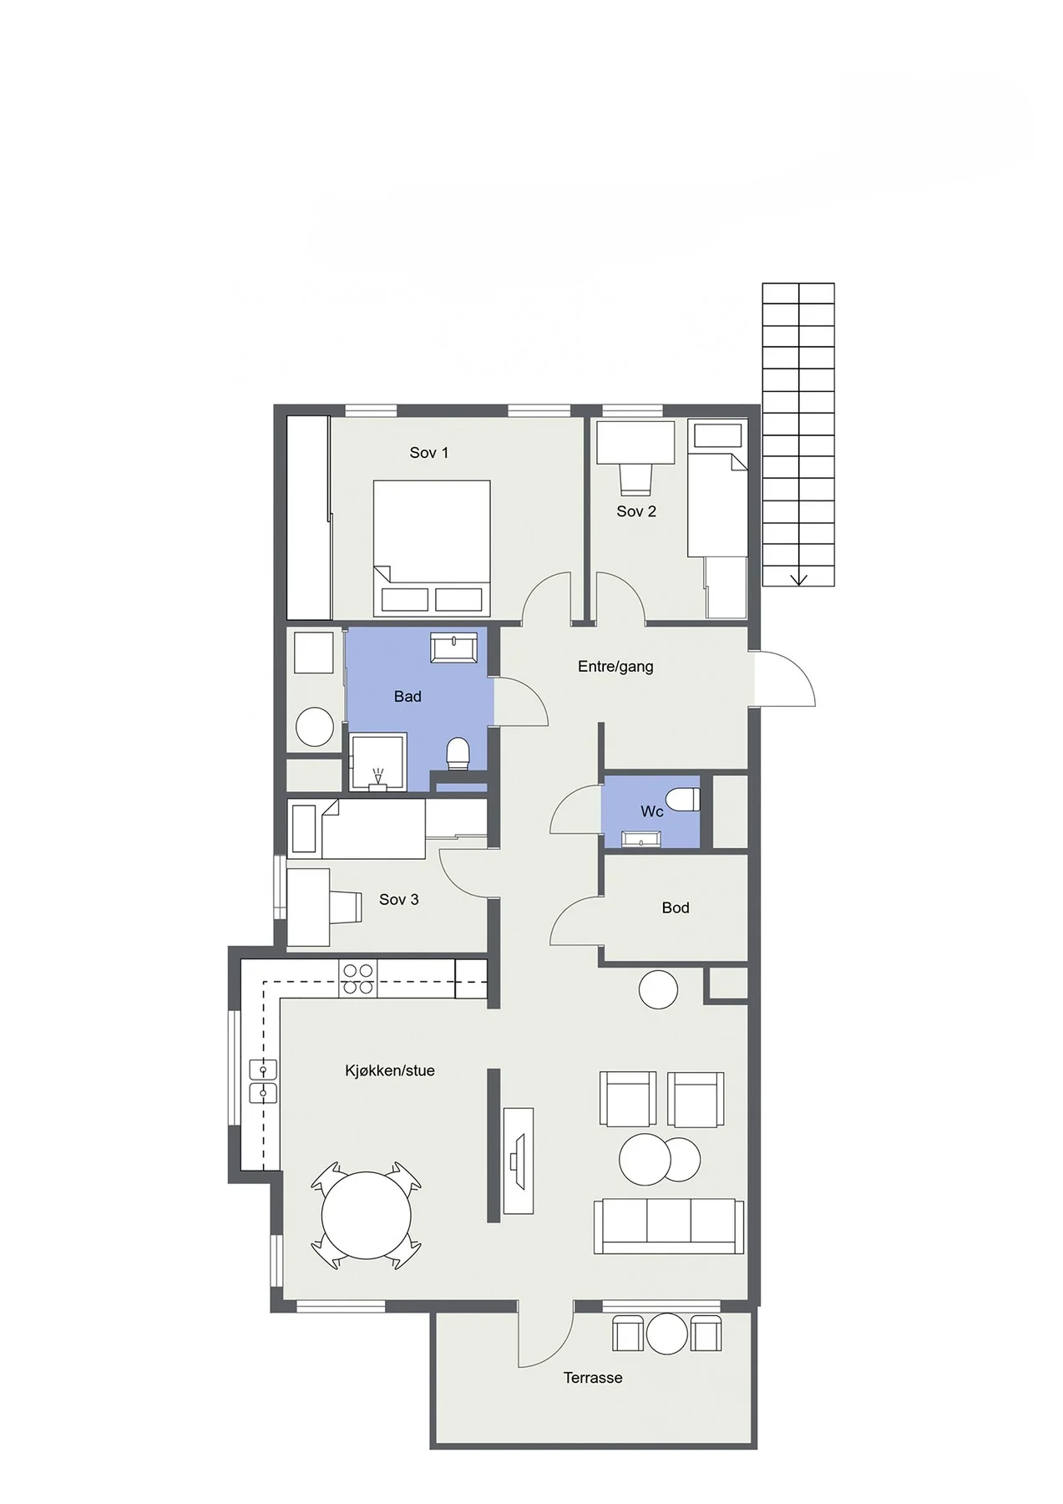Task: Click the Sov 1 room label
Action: pyautogui.click(x=428, y=453)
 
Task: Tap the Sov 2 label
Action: pyautogui.click(x=636, y=511)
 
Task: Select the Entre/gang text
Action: pyautogui.click(x=615, y=667)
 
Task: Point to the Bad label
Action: pyautogui.click(x=407, y=696)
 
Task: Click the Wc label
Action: pyautogui.click(x=651, y=811)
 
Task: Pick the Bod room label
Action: pyautogui.click(x=676, y=907)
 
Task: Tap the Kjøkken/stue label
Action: pyautogui.click(x=390, y=1070)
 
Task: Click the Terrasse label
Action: pyautogui.click(x=593, y=1378)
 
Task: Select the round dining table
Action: pyautogui.click(x=367, y=1216)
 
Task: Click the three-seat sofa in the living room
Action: pyautogui.click(x=669, y=1226)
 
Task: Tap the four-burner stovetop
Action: pyautogui.click(x=358, y=978)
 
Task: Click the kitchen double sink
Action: pyautogui.click(x=262, y=1082)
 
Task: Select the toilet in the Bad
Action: pyautogui.click(x=458, y=754)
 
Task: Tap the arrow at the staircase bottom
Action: pyautogui.click(x=799, y=577)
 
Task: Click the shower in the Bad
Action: pyautogui.click(x=378, y=761)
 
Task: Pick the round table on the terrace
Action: pyautogui.click(x=666, y=1334)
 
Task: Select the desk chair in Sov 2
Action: pyautogui.click(x=635, y=479)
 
